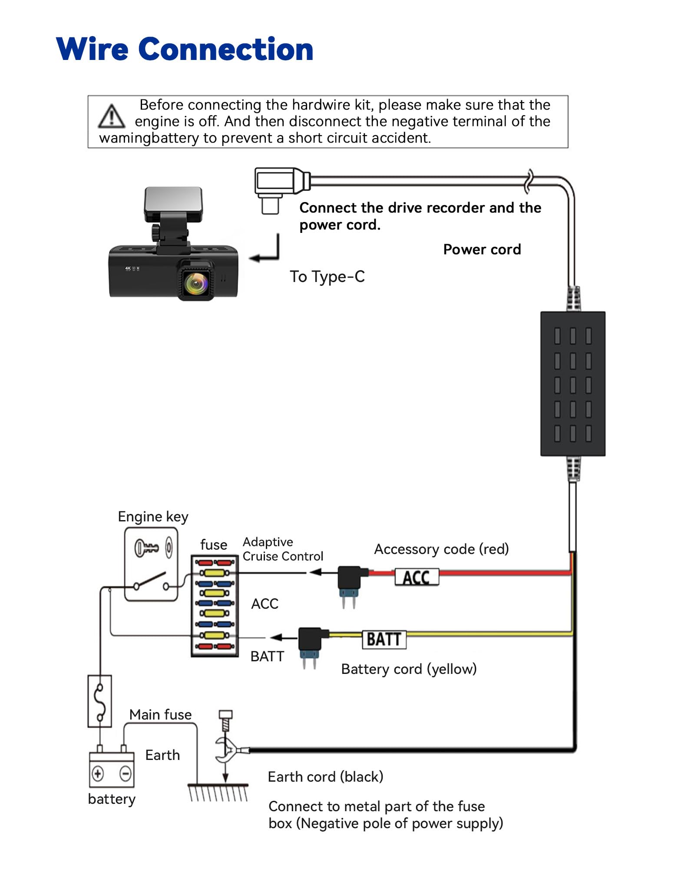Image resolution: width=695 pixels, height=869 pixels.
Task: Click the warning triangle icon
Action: (x=112, y=117)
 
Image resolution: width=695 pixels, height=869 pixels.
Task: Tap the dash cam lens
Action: (x=196, y=282)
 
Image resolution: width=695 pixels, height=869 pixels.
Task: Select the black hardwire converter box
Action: (x=573, y=384)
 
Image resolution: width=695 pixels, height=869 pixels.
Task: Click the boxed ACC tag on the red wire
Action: (x=417, y=577)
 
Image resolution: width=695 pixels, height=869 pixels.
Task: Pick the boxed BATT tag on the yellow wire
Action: (x=384, y=639)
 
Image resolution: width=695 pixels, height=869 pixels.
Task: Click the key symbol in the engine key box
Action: (x=146, y=547)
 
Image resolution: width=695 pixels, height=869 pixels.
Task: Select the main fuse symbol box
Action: (x=100, y=701)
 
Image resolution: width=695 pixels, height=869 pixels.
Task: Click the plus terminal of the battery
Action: (x=98, y=773)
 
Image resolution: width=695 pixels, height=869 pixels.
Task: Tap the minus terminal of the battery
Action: (x=125, y=773)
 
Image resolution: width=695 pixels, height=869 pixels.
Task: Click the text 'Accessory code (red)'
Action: (x=441, y=549)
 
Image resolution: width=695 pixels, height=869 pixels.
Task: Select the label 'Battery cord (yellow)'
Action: (x=409, y=669)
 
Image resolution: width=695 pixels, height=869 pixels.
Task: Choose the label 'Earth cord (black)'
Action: (x=325, y=776)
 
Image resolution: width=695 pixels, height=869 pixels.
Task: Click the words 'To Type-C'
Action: (x=327, y=277)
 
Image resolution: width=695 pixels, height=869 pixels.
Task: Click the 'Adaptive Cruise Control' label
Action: (x=283, y=549)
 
